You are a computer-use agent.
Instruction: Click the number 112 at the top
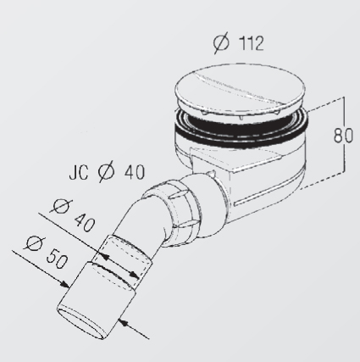(252, 43)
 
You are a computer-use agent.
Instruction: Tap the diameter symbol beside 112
(221, 43)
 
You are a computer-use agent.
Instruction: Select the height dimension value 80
(343, 136)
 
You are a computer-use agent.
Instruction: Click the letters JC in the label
(79, 172)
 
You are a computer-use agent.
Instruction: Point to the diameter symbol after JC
(107, 171)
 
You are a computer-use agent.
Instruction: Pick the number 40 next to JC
(135, 171)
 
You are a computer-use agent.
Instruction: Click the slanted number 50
(57, 260)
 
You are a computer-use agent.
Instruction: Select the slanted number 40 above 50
(84, 222)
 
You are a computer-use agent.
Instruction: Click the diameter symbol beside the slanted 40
(62, 205)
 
